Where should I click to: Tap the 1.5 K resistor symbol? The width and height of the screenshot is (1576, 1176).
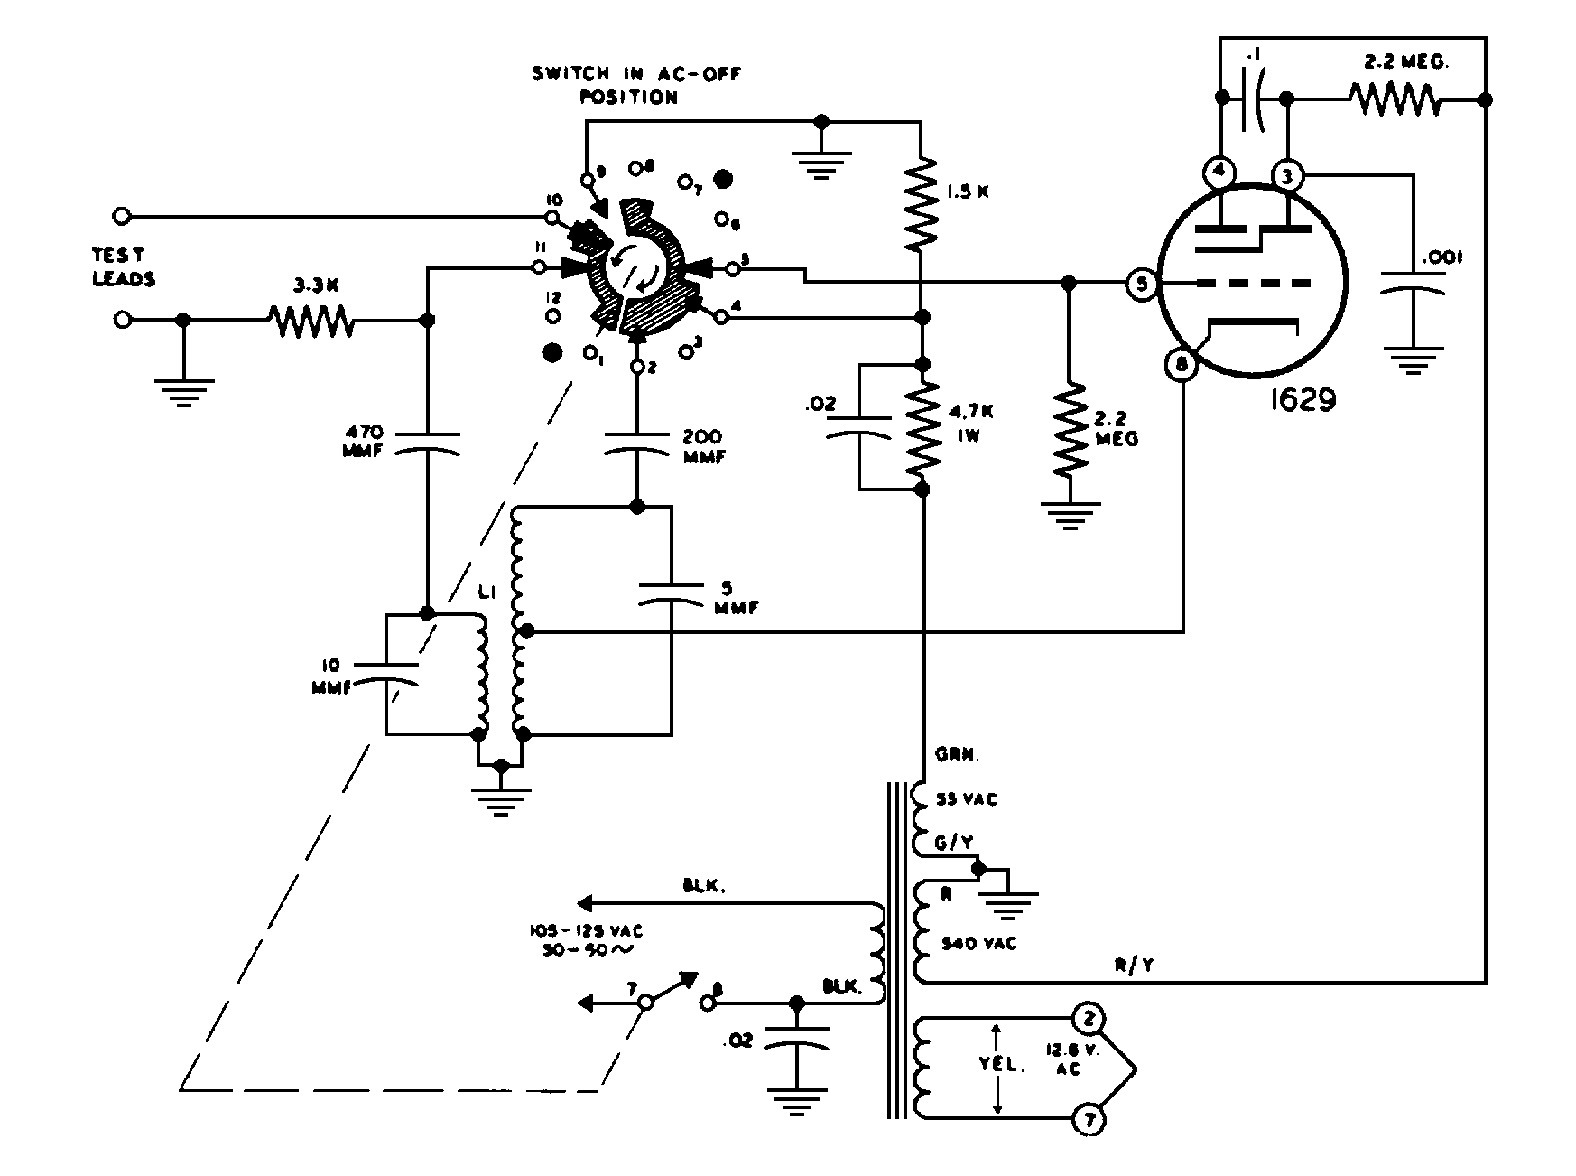[921, 205]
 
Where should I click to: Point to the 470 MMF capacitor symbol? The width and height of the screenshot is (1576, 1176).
[427, 443]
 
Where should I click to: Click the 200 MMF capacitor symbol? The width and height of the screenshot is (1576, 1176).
[637, 442]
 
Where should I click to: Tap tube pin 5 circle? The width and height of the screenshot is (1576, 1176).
[1141, 285]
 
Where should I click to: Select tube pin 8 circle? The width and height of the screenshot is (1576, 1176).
[1182, 365]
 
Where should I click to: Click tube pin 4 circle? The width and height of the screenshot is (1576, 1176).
[1219, 172]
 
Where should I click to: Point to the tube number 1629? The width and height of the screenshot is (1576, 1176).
[1302, 399]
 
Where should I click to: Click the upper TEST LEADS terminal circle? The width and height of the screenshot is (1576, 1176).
[123, 216]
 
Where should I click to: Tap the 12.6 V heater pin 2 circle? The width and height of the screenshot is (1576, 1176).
[1089, 1019]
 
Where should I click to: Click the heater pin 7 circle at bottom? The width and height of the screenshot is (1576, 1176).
[1089, 1121]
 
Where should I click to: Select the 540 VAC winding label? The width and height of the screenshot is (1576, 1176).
[979, 943]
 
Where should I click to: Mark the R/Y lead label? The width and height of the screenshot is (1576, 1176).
[1134, 966]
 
